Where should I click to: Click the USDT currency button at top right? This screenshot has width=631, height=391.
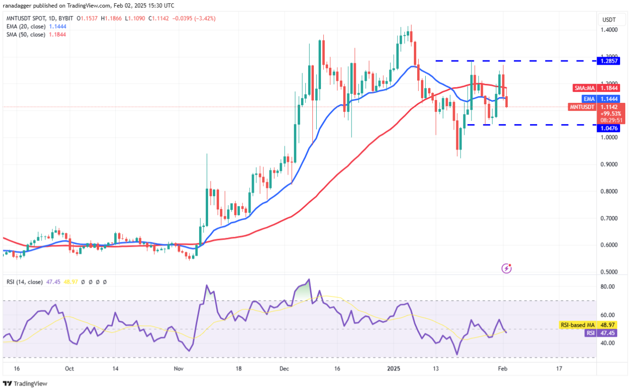point(609,20)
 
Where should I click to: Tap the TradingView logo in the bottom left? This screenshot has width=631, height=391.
point(25,383)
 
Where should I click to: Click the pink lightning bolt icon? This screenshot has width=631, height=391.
point(506,268)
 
